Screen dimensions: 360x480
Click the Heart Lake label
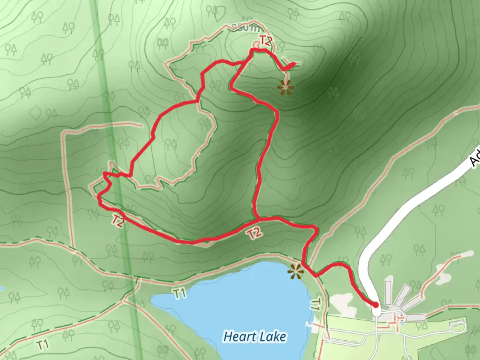coord(255,336)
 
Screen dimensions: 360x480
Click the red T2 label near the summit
coord(266,41)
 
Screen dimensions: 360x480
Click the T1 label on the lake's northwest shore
coord(179,293)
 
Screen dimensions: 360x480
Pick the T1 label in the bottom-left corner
coord(43,345)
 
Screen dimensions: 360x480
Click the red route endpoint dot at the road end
coord(376,305)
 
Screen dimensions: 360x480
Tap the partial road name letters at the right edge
coord(475,157)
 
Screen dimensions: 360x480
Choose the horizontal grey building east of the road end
coord(415,317)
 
